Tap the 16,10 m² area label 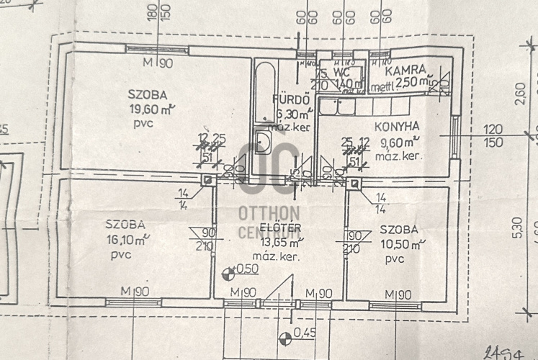pyautogui.click(x=127, y=239)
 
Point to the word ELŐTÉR pyautogui.click(x=260, y=229)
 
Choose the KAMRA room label pyautogui.click(x=407, y=71)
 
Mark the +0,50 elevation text pyautogui.click(x=247, y=269)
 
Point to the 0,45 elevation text pyautogui.click(x=305, y=333)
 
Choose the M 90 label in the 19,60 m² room pyautogui.click(x=157, y=63)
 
